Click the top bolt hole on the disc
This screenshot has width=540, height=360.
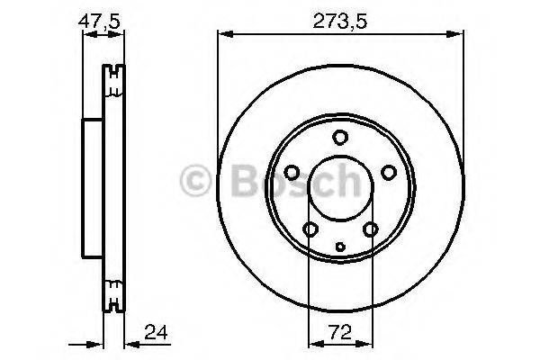point(340,137)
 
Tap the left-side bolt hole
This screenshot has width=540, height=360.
point(292,172)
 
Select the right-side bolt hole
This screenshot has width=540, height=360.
point(389,172)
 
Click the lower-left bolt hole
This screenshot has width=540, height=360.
point(310,230)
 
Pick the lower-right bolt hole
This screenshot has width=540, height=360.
point(370,230)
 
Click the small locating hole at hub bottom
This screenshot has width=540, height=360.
point(340,246)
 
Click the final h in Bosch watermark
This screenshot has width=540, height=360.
point(354,184)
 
